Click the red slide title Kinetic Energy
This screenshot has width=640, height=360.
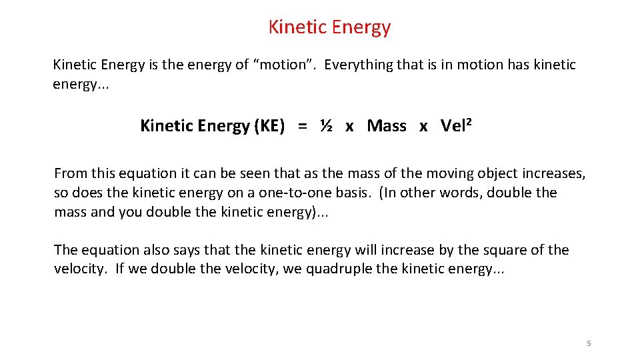click(x=329, y=27)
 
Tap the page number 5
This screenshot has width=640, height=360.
click(x=589, y=343)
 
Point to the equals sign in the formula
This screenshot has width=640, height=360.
click(x=303, y=126)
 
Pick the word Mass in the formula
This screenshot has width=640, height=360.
click(x=387, y=125)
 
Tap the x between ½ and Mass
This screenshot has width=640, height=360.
click(x=349, y=127)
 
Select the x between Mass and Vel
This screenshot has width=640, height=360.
click(x=423, y=127)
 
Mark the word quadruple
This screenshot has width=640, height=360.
click(x=338, y=269)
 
